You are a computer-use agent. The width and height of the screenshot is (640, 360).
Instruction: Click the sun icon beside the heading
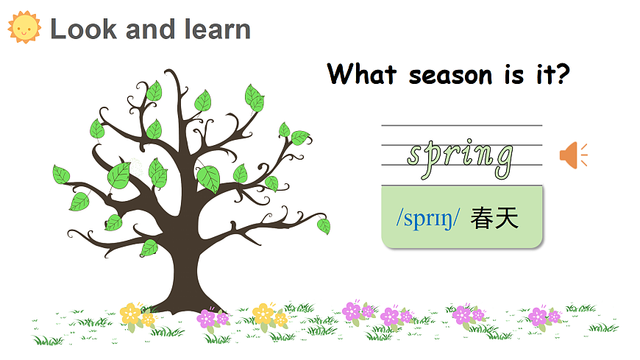[24, 27]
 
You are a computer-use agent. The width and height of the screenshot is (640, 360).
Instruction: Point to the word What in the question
[362, 74]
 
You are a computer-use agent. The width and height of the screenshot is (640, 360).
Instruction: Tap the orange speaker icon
[571, 155]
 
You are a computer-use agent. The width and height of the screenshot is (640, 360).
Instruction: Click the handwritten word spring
[461, 157]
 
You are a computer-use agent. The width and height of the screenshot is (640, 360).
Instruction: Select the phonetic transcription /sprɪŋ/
[427, 219]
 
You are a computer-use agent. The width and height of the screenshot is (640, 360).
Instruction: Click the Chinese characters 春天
[495, 218]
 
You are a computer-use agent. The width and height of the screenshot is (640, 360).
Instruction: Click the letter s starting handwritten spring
[418, 155]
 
